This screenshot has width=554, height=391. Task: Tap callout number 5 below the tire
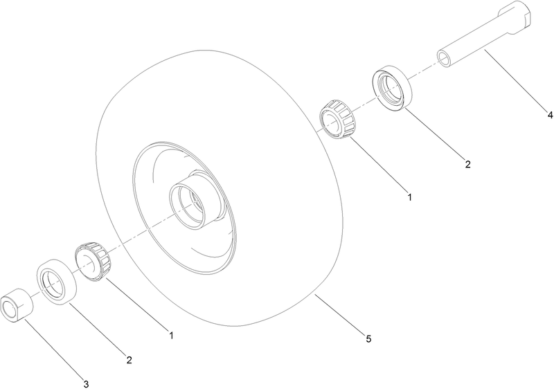(369, 338)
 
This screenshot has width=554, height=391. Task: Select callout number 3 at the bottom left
(86, 383)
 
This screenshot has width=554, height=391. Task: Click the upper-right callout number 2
(467, 164)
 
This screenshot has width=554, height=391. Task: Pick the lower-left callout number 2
(128, 360)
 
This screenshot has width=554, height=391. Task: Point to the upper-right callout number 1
(409, 197)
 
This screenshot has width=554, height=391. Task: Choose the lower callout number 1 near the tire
(170, 336)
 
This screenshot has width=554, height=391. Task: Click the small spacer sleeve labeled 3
(17, 305)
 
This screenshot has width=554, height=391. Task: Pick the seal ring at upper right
(393, 87)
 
